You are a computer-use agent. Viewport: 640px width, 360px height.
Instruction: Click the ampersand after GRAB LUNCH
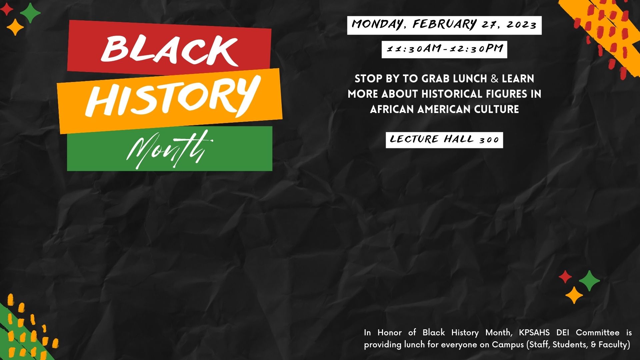pyautogui.click(x=495, y=79)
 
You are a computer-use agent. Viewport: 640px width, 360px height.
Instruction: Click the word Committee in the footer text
pyautogui.click(x=598, y=333)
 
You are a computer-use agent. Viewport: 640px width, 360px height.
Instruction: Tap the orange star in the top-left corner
pyautogui.click(x=15, y=27)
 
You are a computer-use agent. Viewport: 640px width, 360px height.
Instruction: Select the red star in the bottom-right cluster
pyautogui.click(x=565, y=277)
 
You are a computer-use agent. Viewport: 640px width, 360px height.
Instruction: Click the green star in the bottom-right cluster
pyautogui.click(x=589, y=281)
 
